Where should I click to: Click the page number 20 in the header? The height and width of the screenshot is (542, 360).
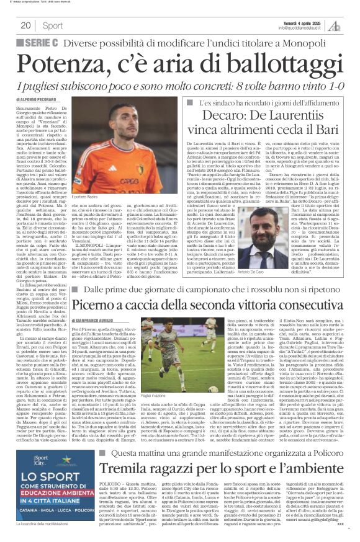[25, 25]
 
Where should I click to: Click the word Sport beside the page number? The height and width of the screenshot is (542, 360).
[53, 25]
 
